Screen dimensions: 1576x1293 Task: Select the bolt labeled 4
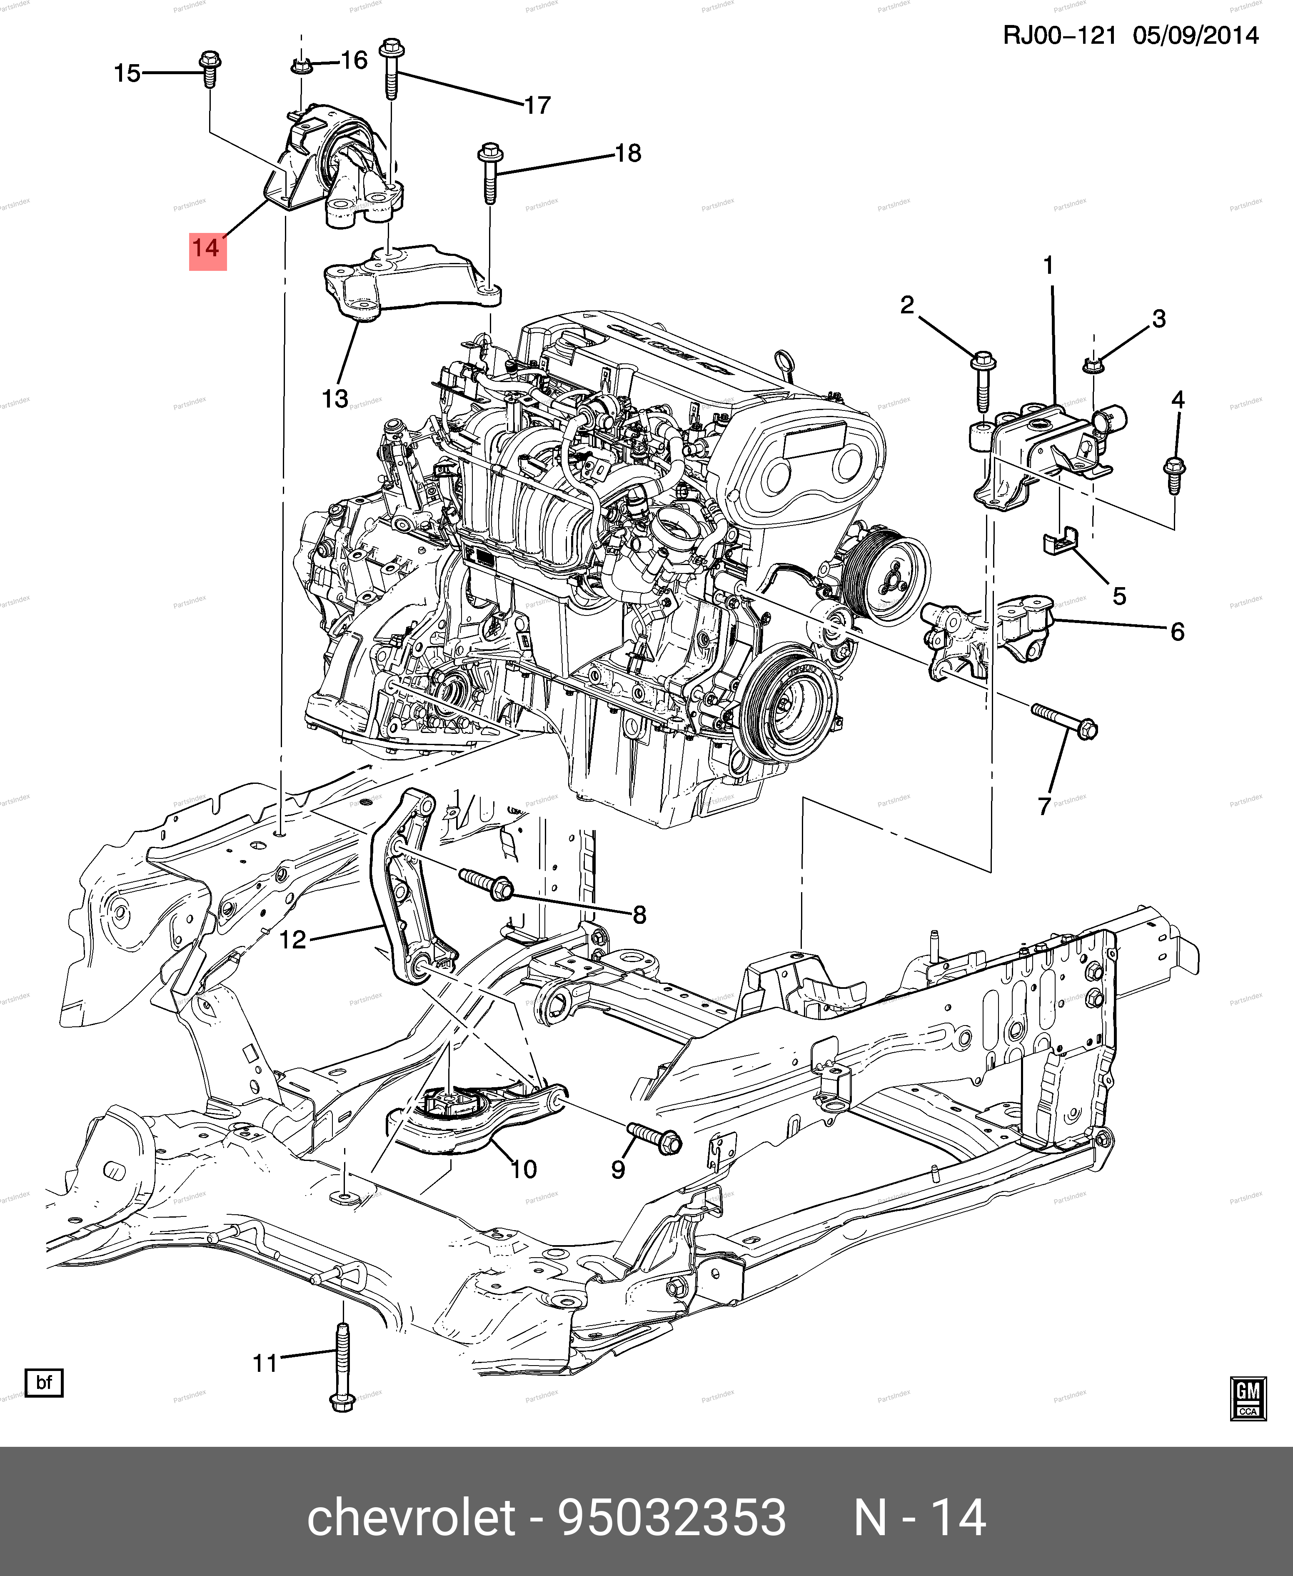1174,474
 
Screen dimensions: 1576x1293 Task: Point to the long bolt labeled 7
1063,720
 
